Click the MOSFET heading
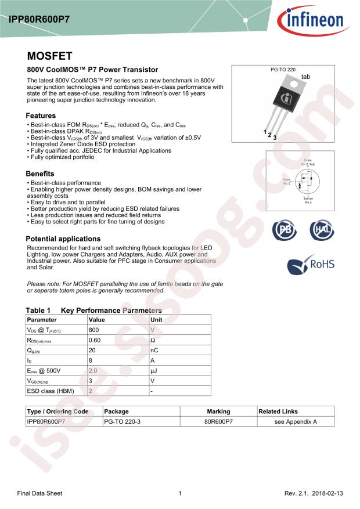pyautogui.click(x=50, y=56)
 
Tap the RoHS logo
pyautogui.click(x=311, y=265)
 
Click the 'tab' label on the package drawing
pyautogui.click(x=306, y=77)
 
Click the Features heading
pyautogui.click(x=41, y=115)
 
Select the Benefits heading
pyautogui.click(x=40, y=174)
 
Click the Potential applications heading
pyautogui.click(x=63, y=239)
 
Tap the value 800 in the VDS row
pyautogui.click(x=93, y=329)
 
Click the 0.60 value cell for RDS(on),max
pyautogui.click(x=94, y=340)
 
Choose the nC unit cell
pyautogui.click(x=154, y=350)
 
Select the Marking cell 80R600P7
pyautogui.click(x=218, y=422)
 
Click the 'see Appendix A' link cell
pyautogui.click(x=296, y=422)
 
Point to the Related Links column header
pyautogui.click(x=278, y=411)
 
